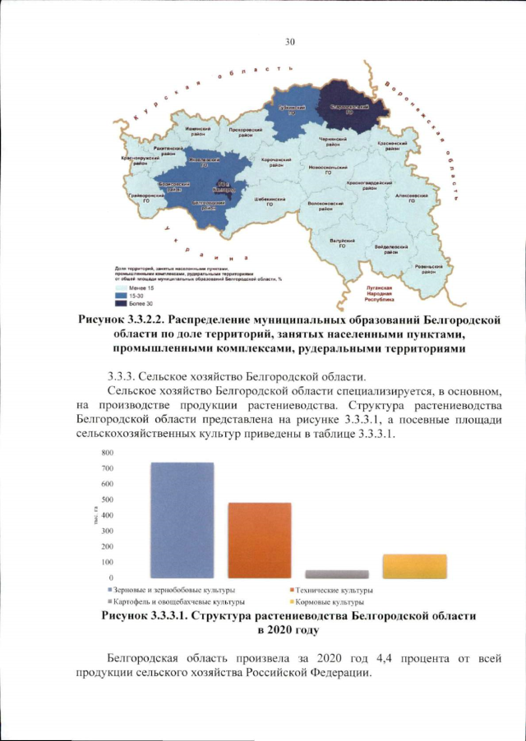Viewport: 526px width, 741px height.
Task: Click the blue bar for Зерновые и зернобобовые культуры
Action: [x=181, y=520]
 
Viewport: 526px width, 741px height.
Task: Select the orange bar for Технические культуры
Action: [x=259, y=540]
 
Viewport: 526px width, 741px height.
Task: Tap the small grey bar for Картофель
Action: [x=336, y=574]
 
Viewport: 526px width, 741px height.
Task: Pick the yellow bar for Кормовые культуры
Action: [x=414, y=566]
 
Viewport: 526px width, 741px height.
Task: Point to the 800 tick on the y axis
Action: [x=83, y=453]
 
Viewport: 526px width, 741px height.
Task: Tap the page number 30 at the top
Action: [x=289, y=41]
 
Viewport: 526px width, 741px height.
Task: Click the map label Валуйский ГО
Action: [x=342, y=243]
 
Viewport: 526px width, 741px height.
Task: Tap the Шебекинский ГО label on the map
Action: [x=269, y=200]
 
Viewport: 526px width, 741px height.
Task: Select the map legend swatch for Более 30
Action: [x=120, y=303]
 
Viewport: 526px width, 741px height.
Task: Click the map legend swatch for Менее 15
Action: [x=120, y=288]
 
